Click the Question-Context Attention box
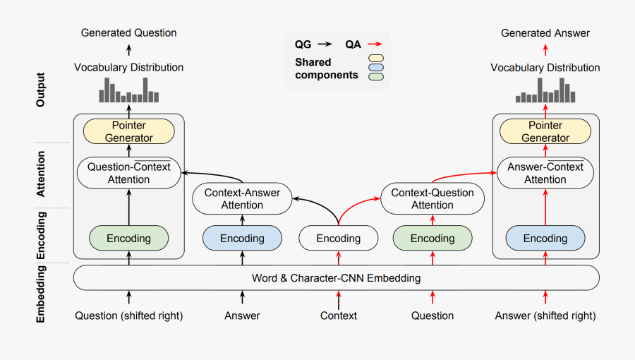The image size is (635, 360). (128, 173)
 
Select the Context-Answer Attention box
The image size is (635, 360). (242, 198)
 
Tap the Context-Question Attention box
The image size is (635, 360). (433, 198)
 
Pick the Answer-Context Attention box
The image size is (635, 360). (545, 173)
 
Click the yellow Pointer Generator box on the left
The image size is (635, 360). (128, 131)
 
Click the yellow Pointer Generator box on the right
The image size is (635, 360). (545, 131)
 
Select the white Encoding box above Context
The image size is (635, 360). (338, 239)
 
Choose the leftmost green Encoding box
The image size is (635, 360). (128, 239)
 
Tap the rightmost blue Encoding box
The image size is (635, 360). (545, 239)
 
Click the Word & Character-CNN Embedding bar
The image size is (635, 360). (337, 278)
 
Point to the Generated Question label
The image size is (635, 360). (128, 32)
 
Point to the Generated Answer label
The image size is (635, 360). (545, 32)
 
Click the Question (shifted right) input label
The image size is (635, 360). (128, 316)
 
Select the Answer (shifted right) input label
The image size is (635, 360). (545, 316)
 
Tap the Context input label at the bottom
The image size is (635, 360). (339, 316)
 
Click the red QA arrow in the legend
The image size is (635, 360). (375, 44)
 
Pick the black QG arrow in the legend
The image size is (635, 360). (325, 44)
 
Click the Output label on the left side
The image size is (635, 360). (40, 90)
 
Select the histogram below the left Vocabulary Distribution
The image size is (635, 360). (128, 90)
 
